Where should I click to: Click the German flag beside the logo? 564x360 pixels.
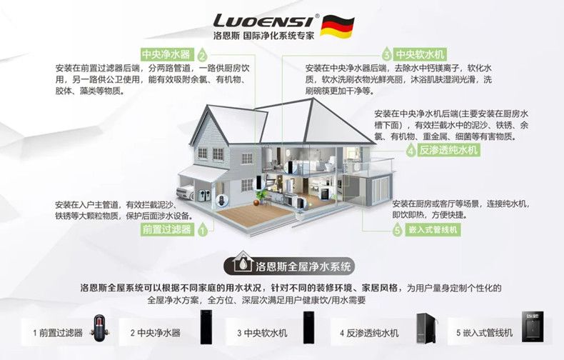coord(337,26)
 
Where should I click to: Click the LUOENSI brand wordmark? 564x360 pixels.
coord(263,21)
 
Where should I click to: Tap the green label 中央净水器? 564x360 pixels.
coord(166,54)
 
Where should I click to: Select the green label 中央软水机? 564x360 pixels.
coord(420,55)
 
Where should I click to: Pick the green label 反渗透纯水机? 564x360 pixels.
coord(448,150)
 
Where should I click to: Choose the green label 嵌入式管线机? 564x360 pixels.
coord(433,230)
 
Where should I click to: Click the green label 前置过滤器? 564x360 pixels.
coord(167,230)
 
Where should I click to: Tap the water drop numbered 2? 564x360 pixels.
coord(202,55)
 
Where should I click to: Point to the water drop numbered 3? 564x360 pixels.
coord(386,54)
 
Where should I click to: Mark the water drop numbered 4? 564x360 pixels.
coord(411,150)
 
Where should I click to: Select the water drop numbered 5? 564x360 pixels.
coord(397,229)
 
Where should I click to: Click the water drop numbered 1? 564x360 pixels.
coord(203,229)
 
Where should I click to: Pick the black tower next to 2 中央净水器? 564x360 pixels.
coord(206,327)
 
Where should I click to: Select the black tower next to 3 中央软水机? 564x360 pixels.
coord(309,327)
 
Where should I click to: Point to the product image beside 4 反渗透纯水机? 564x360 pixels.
coord(426,328)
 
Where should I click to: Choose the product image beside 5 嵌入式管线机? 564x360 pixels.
coord(533,326)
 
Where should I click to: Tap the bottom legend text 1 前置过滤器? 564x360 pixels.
coord(58,333)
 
